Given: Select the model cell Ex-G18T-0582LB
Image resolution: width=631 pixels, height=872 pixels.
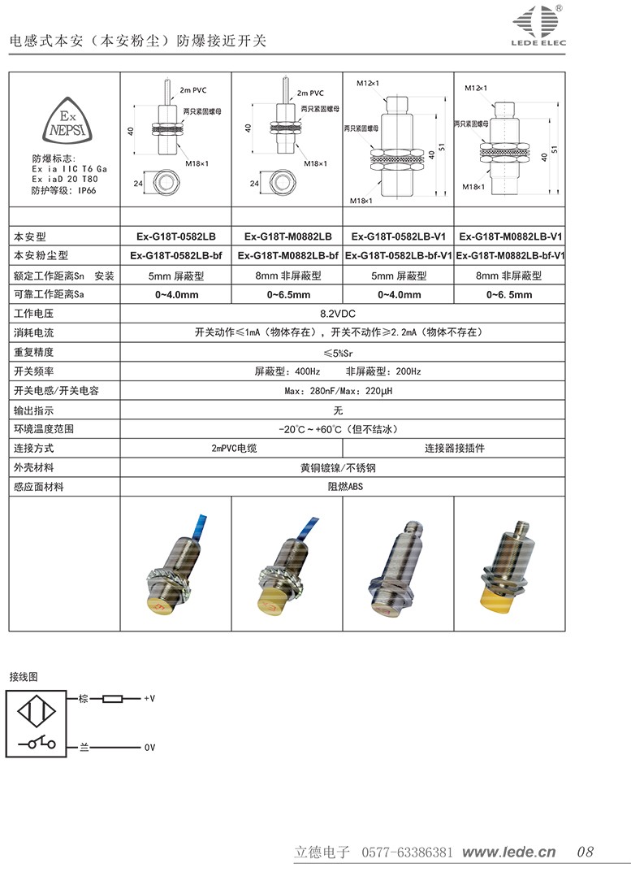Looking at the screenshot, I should (x=175, y=236).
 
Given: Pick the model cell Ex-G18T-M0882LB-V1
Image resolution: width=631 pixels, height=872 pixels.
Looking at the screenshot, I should (x=511, y=236).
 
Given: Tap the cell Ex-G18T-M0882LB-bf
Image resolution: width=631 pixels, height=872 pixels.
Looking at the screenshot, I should (x=287, y=256).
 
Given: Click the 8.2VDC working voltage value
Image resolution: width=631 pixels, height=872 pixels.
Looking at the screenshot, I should (x=343, y=313).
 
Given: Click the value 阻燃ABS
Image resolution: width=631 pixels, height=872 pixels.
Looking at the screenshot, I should (x=343, y=487).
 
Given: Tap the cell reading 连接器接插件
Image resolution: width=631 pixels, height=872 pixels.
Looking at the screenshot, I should (x=454, y=448).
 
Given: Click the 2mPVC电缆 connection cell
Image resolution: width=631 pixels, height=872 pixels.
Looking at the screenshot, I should (x=231, y=448).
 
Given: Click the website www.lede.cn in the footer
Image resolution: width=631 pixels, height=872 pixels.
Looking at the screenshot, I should (x=508, y=852).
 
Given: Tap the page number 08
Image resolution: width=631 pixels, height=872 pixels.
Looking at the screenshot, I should (x=585, y=852).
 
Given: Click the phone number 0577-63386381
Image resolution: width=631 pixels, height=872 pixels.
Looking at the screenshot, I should (x=406, y=852).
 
